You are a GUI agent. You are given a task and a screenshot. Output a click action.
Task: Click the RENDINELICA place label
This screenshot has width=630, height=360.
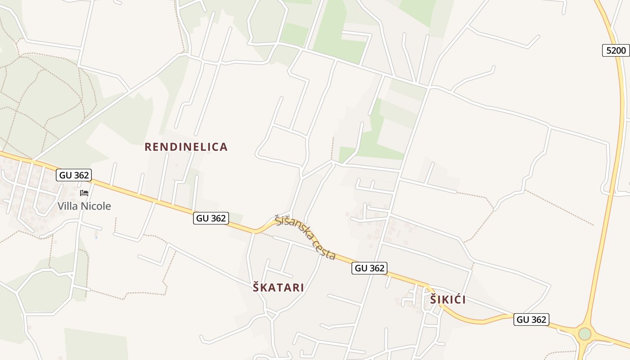pyautogui.click(x=186, y=147)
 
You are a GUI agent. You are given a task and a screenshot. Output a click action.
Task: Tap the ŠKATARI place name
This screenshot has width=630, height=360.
pyautogui.click(x=279, y=288)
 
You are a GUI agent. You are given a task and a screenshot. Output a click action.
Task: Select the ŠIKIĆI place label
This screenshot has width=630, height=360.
pyautogui.click(x=448, y=300)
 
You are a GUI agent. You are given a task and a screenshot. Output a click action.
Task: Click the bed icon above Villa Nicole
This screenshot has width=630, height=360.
pyautogui.click(x=84, y=193)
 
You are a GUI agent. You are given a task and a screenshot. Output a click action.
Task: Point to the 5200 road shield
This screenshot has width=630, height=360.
pyautogui.click(x=616, y=50)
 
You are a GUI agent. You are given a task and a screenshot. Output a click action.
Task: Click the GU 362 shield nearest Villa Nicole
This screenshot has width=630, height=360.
pyautogui.click(x=74, y=175)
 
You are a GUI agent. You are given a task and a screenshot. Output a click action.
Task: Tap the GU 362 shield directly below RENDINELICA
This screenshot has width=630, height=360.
pyautogui.click(x=211, y=218)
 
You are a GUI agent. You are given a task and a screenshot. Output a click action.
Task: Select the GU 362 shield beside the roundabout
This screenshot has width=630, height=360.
pyautogui.click(x=531, y=319)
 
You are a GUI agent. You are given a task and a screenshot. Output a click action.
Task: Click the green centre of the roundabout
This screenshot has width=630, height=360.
pyautogui.click(x=585, y=334)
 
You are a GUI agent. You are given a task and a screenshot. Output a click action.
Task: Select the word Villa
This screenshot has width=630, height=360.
pyautogui.click(x=67, y=206)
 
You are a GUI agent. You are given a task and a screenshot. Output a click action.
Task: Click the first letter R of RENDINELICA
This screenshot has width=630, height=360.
pyautogui.click(x=148, y=147)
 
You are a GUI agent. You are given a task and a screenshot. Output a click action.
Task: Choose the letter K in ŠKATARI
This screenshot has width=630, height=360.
pyautogui.click(x=264, y=288)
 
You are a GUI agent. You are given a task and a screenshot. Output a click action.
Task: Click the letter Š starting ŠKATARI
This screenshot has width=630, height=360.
pyautogui.click(x=256, y=288)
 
